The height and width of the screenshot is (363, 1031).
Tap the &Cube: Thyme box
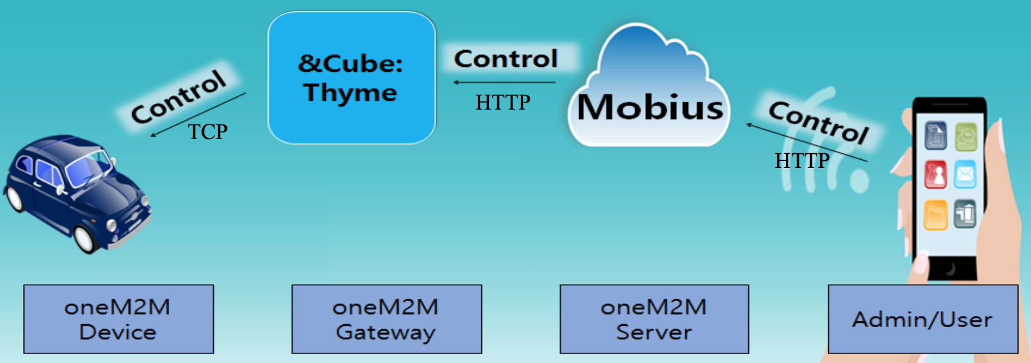pos(352,78)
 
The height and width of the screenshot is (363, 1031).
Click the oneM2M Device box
pos(118,319)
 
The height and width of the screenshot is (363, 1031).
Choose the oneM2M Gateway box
pos(386,319)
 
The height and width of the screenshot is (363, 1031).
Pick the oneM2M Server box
pos(654,319)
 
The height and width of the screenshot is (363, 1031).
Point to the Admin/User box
pos(923,319)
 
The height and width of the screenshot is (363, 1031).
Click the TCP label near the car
pos(207,131)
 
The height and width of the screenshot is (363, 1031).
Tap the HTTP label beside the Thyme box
pos(503,103)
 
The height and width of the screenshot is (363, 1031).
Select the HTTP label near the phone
pos(802,160)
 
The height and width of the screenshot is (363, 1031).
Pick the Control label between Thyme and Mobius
pos(505,58)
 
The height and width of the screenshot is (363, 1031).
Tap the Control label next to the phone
pos(819,121)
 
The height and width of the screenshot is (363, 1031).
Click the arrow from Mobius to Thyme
pos(504,82)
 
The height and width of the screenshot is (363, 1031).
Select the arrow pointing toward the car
pos(198,114)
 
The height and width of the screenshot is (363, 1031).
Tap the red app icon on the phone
pos(936,174)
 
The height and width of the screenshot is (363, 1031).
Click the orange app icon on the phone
pos(936,214)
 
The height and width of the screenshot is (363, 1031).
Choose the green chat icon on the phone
pos(966,137)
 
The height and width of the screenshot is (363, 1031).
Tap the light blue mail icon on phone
pos(965,174)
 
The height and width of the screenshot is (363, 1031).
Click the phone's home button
pos(950,269)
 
